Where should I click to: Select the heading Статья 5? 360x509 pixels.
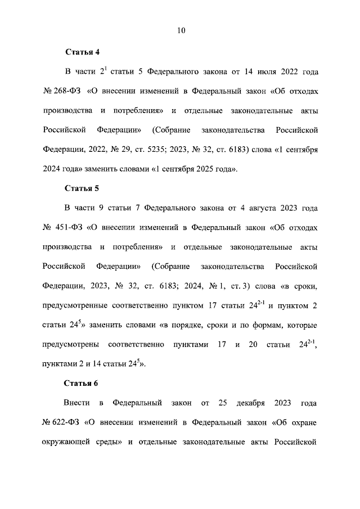click(82, 188)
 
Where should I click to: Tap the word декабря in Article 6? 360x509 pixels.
click(246, 403)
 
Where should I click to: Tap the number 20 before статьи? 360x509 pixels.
click(253, 344)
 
